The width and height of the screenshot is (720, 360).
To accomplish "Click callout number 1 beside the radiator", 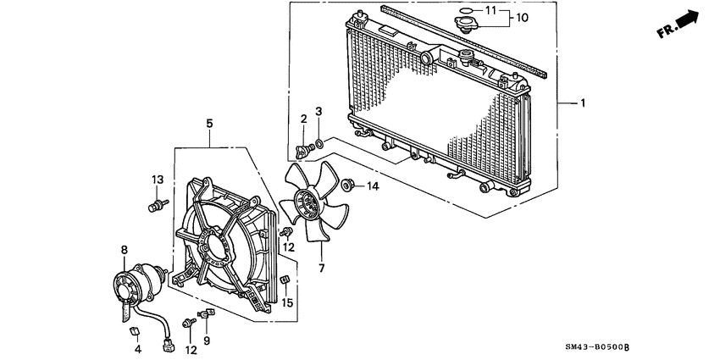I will [x=582, y=103].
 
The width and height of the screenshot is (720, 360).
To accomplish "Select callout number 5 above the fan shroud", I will [x=209, y=124].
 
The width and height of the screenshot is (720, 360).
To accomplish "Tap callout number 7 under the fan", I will [x=321, y=269].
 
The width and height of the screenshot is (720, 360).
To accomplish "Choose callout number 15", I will [x=287, y=302].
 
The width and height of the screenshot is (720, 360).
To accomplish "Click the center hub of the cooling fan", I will [x=307, y=204].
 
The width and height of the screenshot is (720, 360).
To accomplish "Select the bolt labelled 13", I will [x=156, y=206].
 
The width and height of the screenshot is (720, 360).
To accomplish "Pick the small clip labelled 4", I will [x=134, y=330].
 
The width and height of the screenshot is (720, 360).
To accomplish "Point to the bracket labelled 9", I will [x=207, y=313].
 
